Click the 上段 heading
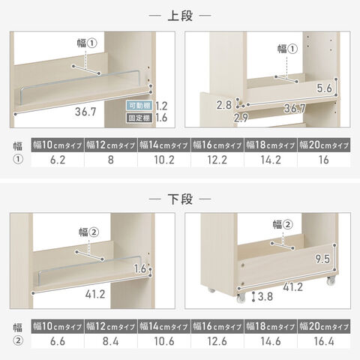coord(180,16)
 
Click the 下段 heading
coord(180,199)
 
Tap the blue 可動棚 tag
coord(139,106)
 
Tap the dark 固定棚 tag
coord(139,118)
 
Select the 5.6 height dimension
coord(324,88)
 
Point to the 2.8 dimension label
coord(224,105)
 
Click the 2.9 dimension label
coord(241,118)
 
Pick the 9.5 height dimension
coord(322,259)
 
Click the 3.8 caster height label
coord(265,296)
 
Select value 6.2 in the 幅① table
coord(58,160)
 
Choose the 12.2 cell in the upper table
coord(217,160)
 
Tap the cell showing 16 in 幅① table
coord(324,160)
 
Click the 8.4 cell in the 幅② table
coord(111,341)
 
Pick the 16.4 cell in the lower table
coord(324,341)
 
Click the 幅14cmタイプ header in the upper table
coord(163,145)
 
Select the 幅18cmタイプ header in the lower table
coord(271,326)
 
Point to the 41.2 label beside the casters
coord(292,287)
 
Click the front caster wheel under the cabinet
coord(241,298)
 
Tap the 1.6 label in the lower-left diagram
coord(140,268)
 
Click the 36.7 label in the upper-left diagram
coord(85,112)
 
